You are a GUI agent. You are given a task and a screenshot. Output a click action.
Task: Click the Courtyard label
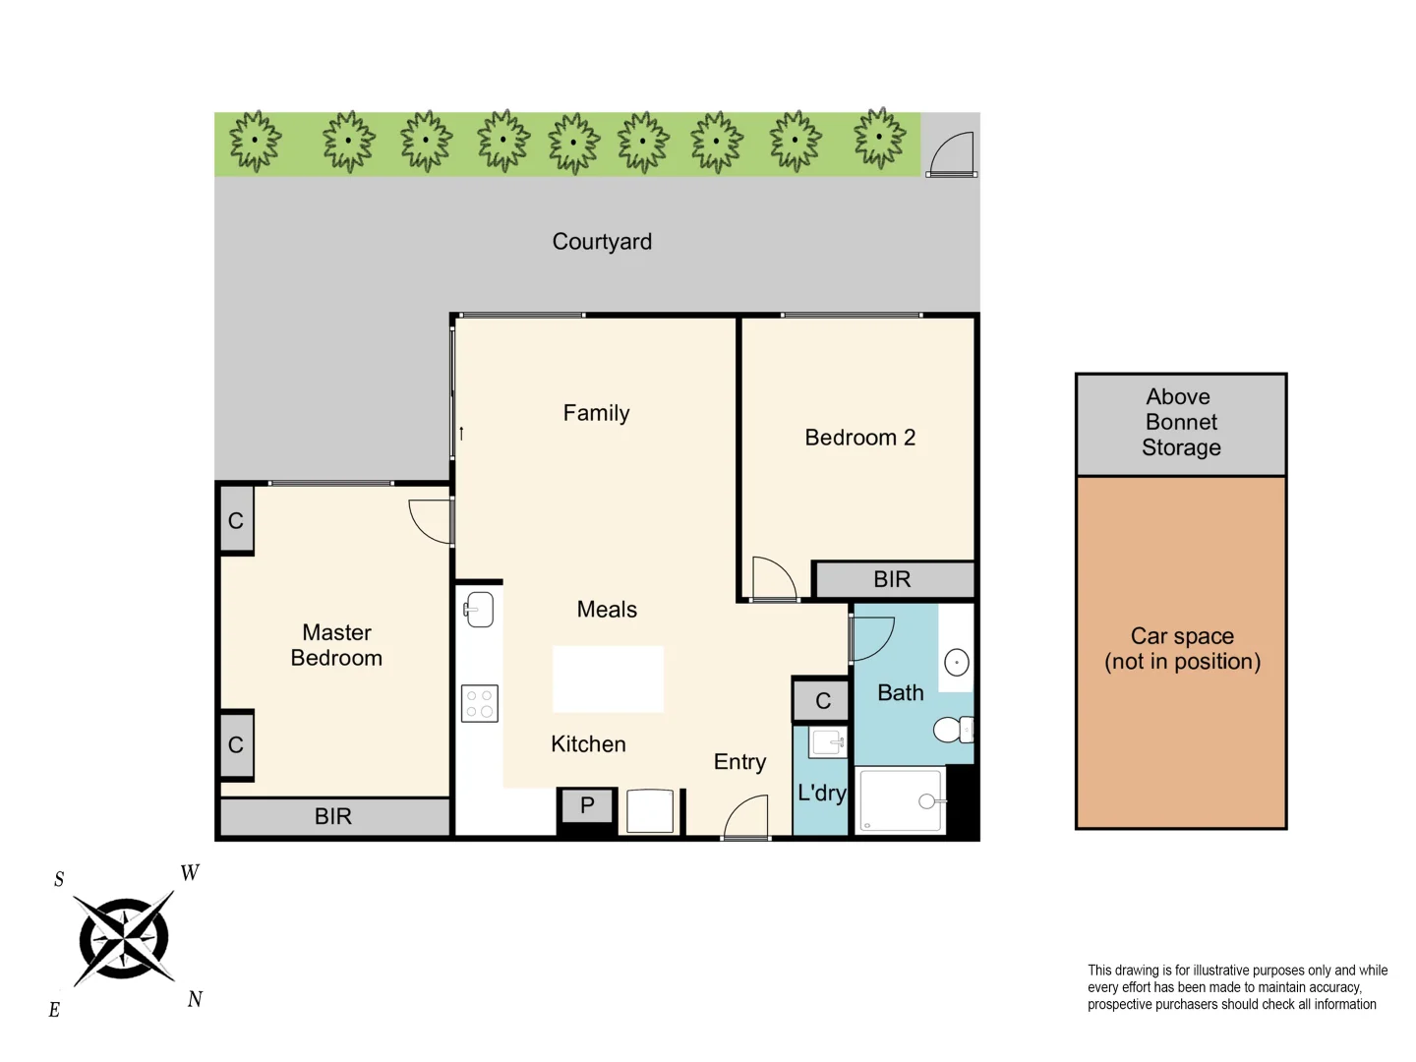(x=602, y=242)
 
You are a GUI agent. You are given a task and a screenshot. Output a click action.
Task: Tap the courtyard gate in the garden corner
(x=951, y=154)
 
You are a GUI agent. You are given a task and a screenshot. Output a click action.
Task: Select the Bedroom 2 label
(x=859, y=438)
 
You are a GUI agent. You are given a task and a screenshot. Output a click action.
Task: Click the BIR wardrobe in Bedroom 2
(x=893, y=580)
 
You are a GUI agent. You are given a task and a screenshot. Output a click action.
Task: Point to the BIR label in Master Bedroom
(x=333, y=816)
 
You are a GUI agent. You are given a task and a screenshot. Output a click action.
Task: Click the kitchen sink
(x=479, y=610)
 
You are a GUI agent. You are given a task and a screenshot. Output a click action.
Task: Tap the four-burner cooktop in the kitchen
(x=480, y=704)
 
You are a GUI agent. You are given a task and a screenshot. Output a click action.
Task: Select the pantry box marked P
(x=587, y=806)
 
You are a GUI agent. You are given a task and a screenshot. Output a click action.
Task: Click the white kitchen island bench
(x=608, y=678)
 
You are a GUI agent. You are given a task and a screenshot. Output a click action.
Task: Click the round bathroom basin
(x=956, y=663)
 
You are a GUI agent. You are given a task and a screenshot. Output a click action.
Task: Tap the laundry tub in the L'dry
(x=827, y=742)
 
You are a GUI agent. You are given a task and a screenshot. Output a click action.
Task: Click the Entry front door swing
(x=747, y=817)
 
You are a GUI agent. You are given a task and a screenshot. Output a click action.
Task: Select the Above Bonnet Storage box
(x=1181, y=423)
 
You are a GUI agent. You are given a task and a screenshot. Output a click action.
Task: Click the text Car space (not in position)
(x=1182, y=649)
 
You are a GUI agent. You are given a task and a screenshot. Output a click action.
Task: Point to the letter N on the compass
(x=195, y=999)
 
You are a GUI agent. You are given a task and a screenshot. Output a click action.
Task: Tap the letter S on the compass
(x=59, y=879)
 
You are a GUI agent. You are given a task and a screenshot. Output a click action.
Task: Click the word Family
(x=596, y=413)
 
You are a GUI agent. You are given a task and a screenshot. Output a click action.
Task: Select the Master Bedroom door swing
(x=430, y=522)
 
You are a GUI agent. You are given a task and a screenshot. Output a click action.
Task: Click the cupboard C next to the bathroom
(x=822, y=701)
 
